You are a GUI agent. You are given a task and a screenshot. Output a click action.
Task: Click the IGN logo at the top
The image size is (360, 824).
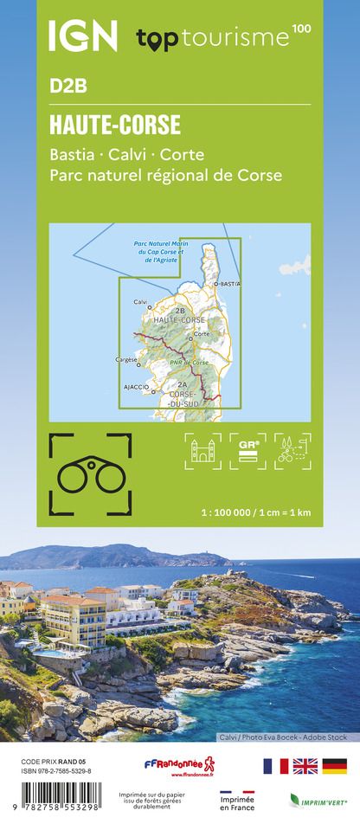(x=82, y=36)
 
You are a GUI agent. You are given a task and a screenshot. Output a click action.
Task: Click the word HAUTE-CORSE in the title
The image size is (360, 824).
(x=115, y=126)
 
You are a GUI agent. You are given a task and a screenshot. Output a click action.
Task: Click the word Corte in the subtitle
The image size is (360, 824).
(x=182, y=155)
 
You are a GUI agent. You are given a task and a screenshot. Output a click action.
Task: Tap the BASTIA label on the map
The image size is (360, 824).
(x=229, y=284)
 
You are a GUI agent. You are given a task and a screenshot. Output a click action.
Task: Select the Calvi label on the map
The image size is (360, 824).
(x=140, y=301)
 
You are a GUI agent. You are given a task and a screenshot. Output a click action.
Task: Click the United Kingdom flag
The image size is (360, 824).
(x=305, y=766)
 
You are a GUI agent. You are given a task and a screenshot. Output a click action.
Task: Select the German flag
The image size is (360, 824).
(x=334, y=766)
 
